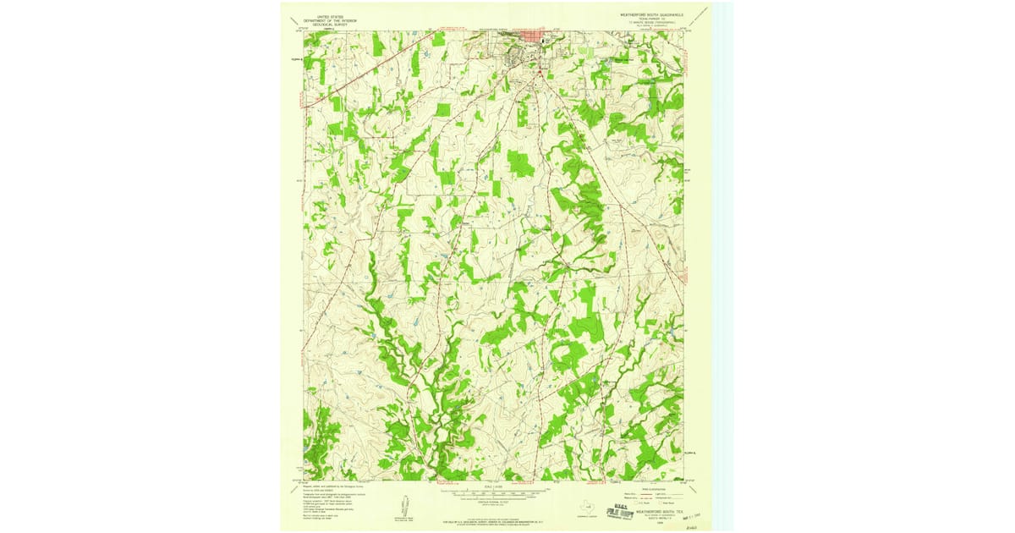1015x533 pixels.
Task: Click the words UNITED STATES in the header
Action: pyautogui.click(x=329, y=16)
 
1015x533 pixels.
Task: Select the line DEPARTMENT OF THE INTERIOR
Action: pyautogui.click(x=329, y=21)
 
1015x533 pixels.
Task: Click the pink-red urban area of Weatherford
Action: pyautogui.click(x=534, y=37)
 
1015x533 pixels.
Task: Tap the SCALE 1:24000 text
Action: pyautogui.click(x=495, y=486)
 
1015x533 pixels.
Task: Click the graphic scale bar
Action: pyautogui.click(x=495, y=492)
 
